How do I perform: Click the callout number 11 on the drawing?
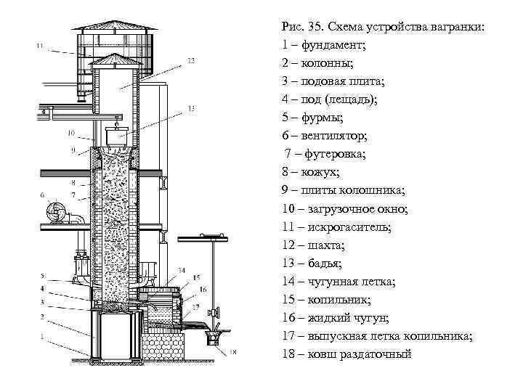click(x=40, y=46)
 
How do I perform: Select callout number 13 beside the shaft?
click(x=190, y=108)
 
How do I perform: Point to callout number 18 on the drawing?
click(x=232, y=353)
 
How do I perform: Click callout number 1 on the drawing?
click(x=41, y=335)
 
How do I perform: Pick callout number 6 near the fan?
click(x=42, y=195)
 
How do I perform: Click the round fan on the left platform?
click(x=57, y=213)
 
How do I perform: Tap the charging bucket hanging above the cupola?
click(x=116, y=136)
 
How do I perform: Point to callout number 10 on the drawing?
click(x=70, y=133)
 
